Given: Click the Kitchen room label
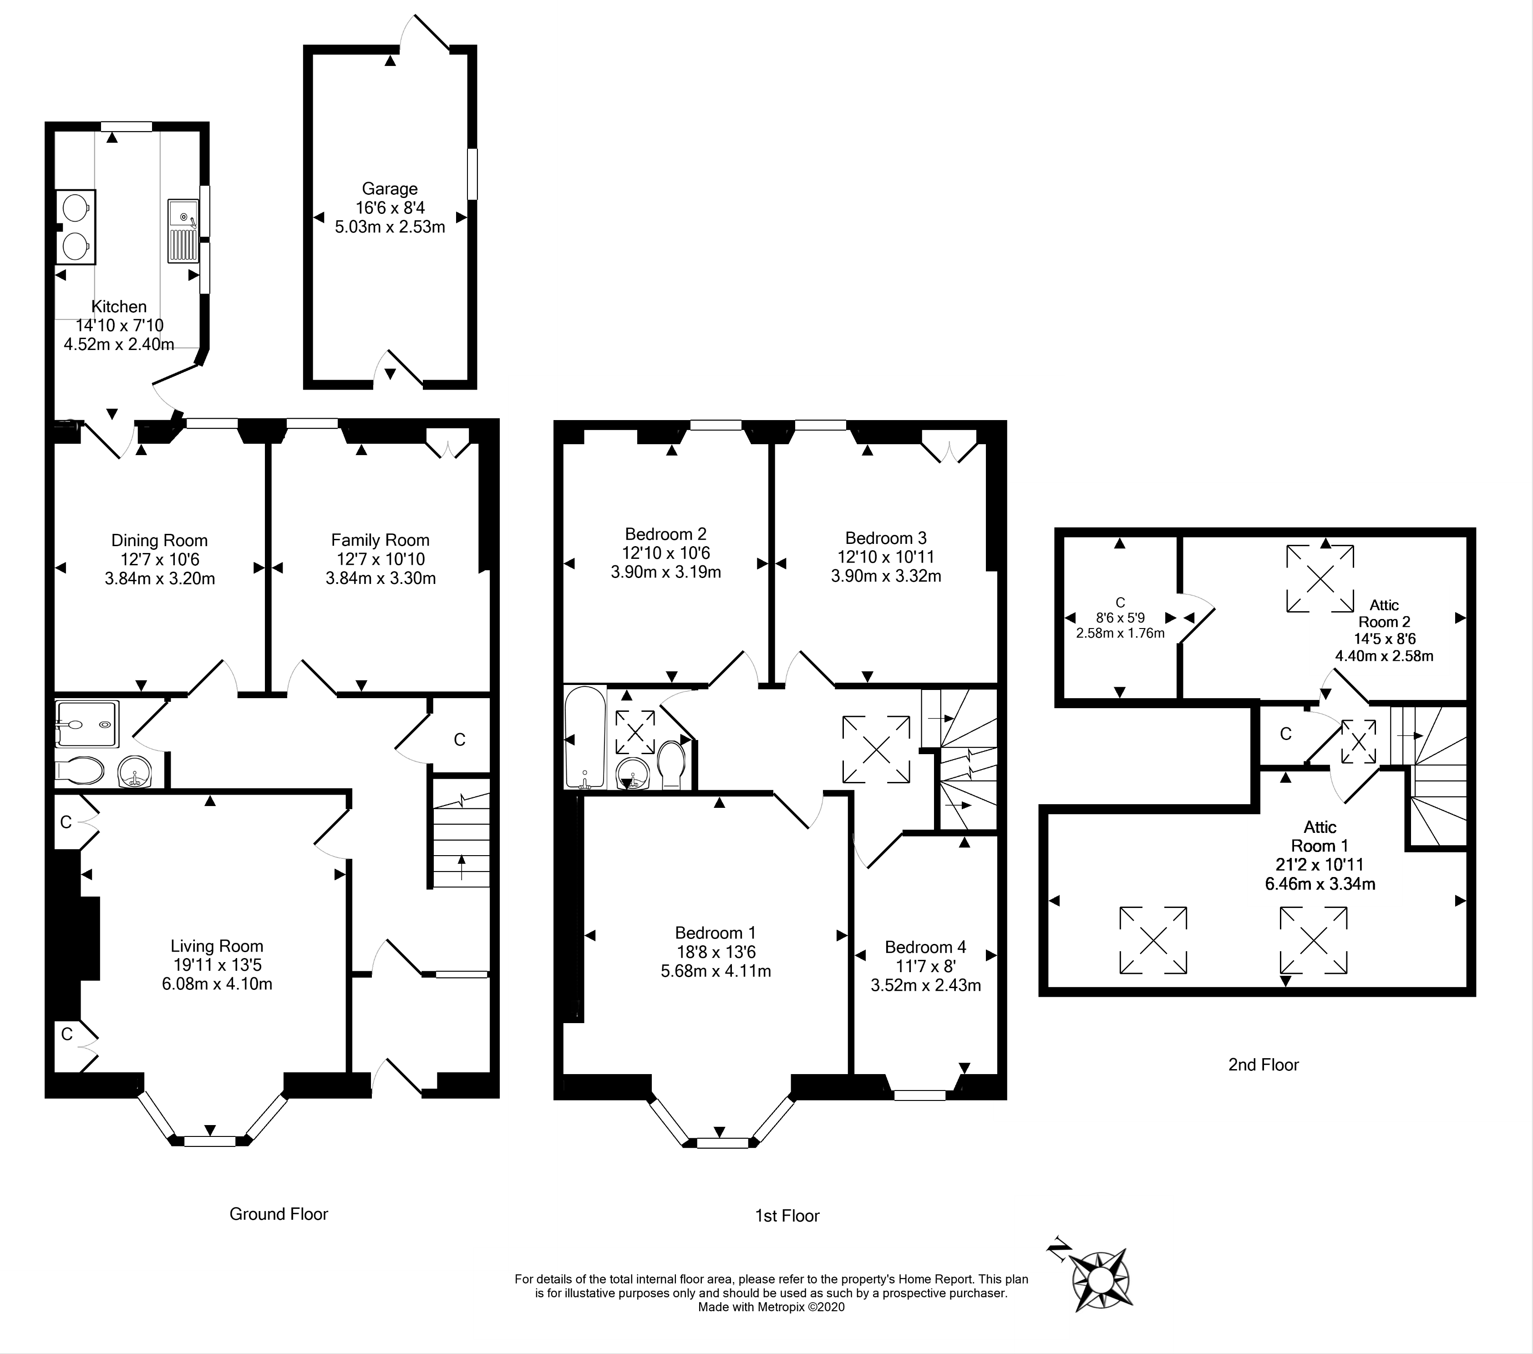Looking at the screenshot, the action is coord(118,307).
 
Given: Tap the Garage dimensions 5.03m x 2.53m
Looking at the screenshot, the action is coord(390,227).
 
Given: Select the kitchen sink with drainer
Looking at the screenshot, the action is coord(182,231).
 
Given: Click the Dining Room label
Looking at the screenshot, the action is coord(159,540).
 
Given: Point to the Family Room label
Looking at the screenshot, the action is coord(380,540).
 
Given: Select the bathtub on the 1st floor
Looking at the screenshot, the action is coord(585,737).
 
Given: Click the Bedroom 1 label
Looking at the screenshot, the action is coord(716,933).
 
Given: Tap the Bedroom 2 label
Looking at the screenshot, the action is coord(666,534).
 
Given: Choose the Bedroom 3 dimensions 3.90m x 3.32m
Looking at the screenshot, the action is coord(886,576).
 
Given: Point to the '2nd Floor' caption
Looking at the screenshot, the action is coord(1264,1065).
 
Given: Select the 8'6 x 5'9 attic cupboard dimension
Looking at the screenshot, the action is coord(1121,618).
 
